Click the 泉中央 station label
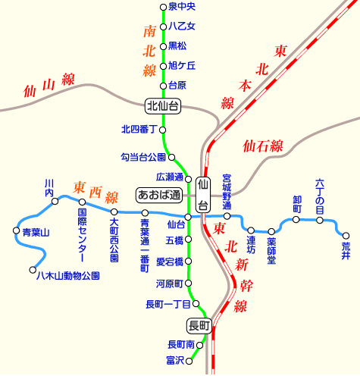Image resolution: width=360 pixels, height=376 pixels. pyautogui.click(x=182, y=7)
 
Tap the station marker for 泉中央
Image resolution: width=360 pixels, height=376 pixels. pyautogui.click(x=163, y=8)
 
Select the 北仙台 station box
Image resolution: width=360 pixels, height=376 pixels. pyautogui.click(x=163, y=105)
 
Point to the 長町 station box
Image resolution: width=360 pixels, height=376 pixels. pyautogui.click(x=199, y=325)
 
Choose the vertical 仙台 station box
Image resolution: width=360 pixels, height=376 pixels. pyautogui.click(x=202, y=195)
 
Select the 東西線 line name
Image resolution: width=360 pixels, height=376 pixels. pyautogui.click(x=96, y=190)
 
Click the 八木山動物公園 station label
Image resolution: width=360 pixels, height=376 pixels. pyautogui.click(x=68, y=275)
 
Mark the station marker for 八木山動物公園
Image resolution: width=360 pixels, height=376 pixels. pyautogui.click(x=33, y=269)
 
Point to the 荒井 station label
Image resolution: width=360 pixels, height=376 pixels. pyautogui.click(x=346, y=250)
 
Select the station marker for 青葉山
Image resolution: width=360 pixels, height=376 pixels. pyautogui.click(x=16, y=230)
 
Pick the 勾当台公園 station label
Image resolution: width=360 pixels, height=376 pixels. pyautogui.click(x=143, y=157)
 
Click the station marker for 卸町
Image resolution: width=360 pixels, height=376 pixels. pyautogui.click(x=296, y=221)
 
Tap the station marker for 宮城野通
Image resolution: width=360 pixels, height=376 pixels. pyautogui.click(x=227, y=216)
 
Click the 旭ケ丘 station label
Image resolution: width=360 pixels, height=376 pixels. pyautogui.click(x=182, y=65)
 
